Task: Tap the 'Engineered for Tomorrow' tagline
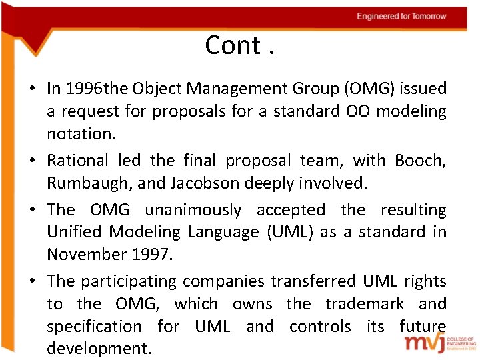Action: tap(401, 16)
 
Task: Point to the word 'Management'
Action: tap(224, 88)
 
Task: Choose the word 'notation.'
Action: tap(81, 133)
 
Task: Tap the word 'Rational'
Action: tap(77, 160)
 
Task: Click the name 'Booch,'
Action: tap(420, 160)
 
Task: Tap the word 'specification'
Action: tap(94, 327)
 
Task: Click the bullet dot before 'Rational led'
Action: tap(32, 161)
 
